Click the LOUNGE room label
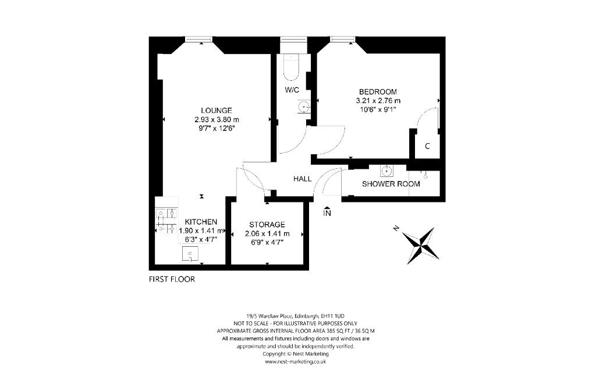[x=216, y=110]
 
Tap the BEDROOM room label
[x=378, y=92]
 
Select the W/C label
[x=292, y=90]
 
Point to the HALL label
[x=302, y=179]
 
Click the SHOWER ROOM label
[x=391, y=184]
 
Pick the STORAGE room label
[x=267, y=225]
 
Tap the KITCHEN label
[x=201, y=222]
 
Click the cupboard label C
[x=427, y=146]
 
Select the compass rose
[x=420, y=244]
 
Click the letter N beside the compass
[x=396, y=229]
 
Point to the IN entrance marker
[x=327, y=214]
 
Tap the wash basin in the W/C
[x=303, y=106]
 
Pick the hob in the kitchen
[x=166, y=221]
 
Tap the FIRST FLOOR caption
[x=172, y=279]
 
